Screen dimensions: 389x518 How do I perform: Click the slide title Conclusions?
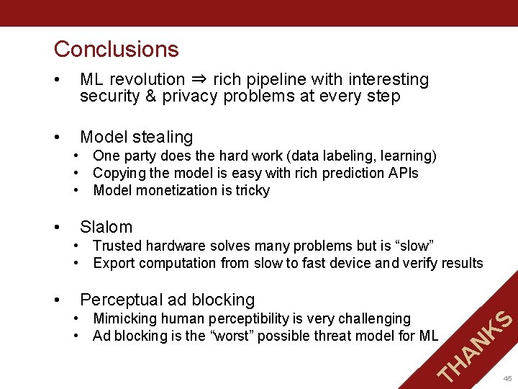tap(116, 49)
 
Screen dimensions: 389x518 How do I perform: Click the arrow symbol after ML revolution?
tap(199, 80)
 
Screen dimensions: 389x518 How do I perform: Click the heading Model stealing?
tap(136, 137)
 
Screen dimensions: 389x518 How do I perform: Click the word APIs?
tap(402, 173)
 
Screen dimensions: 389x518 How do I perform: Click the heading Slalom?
tap(106, 227)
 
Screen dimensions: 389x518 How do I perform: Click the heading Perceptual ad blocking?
tap(167, 300)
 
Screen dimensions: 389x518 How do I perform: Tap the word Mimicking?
tap(126, 318)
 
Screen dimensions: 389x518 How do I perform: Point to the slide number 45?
tap(507, 378)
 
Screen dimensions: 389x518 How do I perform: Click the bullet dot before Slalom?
tap(58, 227)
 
